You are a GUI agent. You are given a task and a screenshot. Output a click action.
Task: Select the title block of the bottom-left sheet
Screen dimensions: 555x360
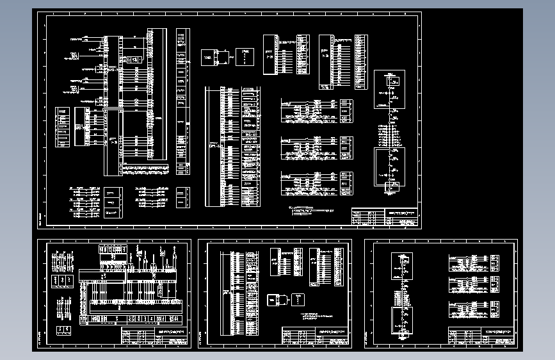[x=156, y=336]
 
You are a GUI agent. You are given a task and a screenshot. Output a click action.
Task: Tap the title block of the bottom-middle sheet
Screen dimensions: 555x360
[x=316, y=336]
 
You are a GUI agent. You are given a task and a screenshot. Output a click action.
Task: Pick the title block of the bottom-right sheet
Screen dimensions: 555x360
[x=481, y=336]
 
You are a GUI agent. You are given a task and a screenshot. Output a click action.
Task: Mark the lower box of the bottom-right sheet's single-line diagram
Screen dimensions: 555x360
[x=402, y=318]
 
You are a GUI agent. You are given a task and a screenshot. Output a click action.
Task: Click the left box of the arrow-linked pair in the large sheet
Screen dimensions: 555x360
[x=211, y=58]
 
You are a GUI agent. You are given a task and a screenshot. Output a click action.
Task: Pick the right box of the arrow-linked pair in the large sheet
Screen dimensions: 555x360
[x=244, y=57]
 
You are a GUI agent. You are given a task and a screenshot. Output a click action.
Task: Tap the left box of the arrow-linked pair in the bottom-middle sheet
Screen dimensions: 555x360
[x=277, y=299]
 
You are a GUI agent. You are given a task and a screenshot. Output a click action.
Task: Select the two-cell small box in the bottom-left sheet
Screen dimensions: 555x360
[x=64, y=329]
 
